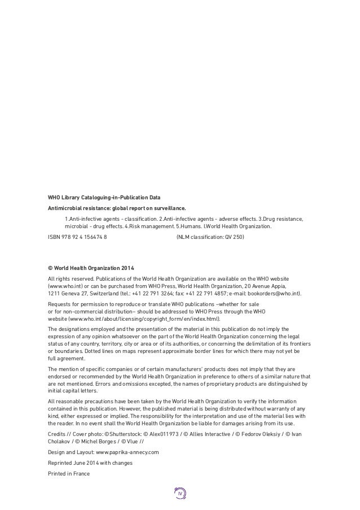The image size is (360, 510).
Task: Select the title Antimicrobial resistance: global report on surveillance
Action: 125,208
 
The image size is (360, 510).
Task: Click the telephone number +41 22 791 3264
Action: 159,294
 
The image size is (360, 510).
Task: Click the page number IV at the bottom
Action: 180,494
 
